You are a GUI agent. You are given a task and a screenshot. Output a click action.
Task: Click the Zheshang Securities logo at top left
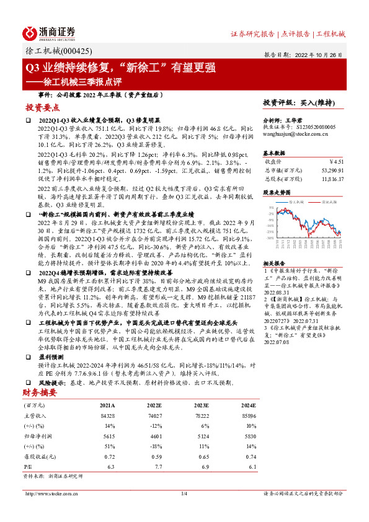pyautogui.click(x=49, y=32)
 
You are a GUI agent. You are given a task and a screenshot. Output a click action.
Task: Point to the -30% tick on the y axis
pyautogui.click(x=271, y=237)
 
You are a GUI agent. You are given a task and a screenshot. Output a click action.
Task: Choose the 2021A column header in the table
pyautogui.click(x=107, y=405)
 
